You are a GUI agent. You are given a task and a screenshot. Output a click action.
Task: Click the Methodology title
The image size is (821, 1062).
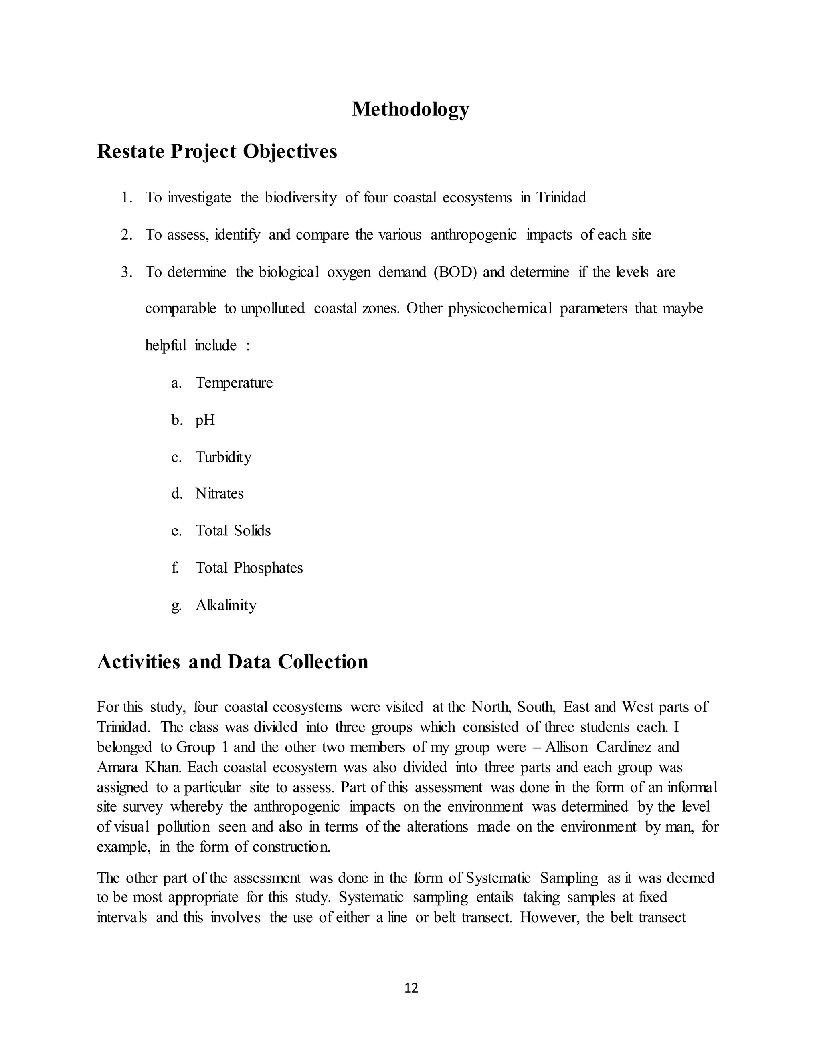410,109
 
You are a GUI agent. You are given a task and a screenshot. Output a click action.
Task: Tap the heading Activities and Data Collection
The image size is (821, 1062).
233,662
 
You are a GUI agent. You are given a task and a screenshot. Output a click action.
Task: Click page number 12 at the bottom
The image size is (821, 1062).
411,988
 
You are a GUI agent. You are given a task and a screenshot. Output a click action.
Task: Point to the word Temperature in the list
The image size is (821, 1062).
234,383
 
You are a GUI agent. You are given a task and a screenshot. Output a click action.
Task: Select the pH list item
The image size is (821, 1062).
205,420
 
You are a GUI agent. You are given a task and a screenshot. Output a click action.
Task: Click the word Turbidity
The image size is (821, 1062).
223,457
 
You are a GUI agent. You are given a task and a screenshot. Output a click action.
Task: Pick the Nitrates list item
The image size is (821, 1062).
219,494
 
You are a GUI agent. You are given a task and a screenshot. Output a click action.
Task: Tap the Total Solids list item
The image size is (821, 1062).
233,531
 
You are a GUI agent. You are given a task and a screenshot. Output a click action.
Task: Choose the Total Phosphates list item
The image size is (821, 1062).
249,568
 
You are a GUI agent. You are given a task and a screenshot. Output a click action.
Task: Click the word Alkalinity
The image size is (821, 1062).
226,606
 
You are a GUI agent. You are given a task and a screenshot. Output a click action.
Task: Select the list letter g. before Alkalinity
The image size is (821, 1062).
176,606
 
